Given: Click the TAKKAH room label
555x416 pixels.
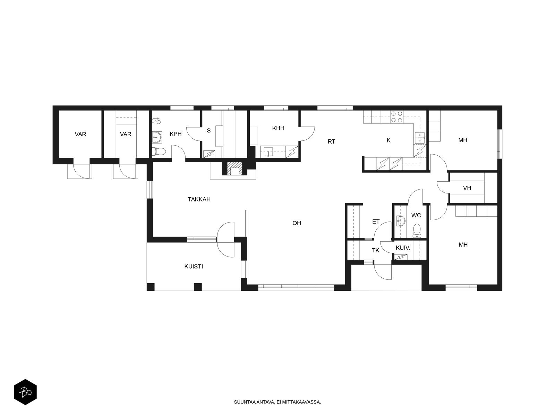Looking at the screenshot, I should pyautogui.click(x=199, y=199).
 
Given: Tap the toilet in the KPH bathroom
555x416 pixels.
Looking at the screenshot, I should pyautogui.click(x=159, y=151).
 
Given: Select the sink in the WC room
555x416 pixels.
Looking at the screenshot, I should pyautogui.click(x=401, y=220).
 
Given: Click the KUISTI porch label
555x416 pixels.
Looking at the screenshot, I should pyautogui.click(x=193, y=267).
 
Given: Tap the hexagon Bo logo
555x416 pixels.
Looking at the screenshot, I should pyautogui.click(x=25, y=393).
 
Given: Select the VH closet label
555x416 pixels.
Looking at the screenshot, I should pyautogui.click(x=467, y=188).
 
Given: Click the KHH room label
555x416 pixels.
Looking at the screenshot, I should pyautogui.click(x=278, y=128).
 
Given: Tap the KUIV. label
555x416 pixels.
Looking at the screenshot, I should pyautogui.click(x=403, y=248).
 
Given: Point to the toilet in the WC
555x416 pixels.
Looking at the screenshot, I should pyautogui.click(x=417, y=230).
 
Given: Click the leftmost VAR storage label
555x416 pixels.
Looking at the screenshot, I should pyautogui.click(x=80, y=134).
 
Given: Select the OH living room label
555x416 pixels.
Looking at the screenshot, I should pyautogui.click(x=297, y=223).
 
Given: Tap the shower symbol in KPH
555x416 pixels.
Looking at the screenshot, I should pyautogui.click(x=156, y=120).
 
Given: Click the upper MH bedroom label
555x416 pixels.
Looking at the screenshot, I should pyautogui.click(x=463, y=140).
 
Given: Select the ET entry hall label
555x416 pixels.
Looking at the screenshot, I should pyautogui.click(x=376, y=222).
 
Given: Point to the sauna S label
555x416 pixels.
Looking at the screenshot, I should pyautogui.click(x=208, y=131).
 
